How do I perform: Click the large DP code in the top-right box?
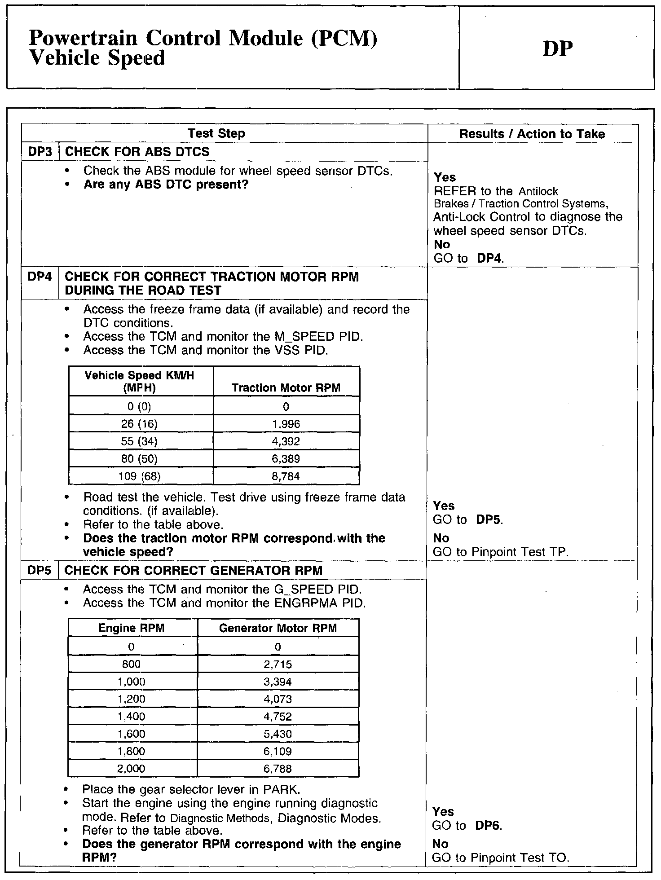(558, 49)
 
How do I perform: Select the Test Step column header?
(216, 133)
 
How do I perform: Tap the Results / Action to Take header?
(532, 134)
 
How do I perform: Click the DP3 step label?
(40, 152)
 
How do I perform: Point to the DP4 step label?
(40, 277)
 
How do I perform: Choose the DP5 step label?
(40, 570)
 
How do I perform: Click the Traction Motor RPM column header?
(286, 388)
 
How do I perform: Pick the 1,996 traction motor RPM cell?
(286, 424)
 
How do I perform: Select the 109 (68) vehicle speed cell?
(139, 476)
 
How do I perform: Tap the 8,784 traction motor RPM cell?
(286, 476)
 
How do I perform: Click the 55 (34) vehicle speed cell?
(139, 441)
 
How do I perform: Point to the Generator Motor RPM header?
(278, 628)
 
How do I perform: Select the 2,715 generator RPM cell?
(278, 664)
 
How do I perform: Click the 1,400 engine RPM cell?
(131, 717)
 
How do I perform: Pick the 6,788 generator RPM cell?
(278, 769)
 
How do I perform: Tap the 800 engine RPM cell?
(131, 664)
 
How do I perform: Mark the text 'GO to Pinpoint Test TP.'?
(500, 552)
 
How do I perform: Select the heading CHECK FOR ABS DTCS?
(137, 152)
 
